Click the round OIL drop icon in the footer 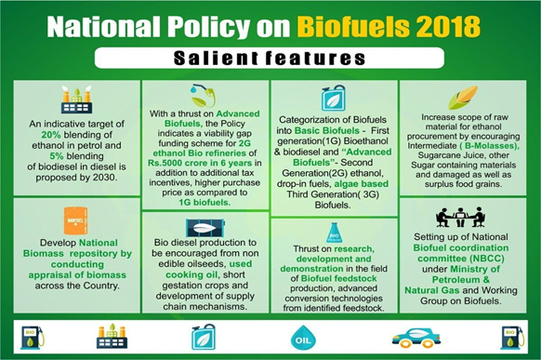[303, 338]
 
